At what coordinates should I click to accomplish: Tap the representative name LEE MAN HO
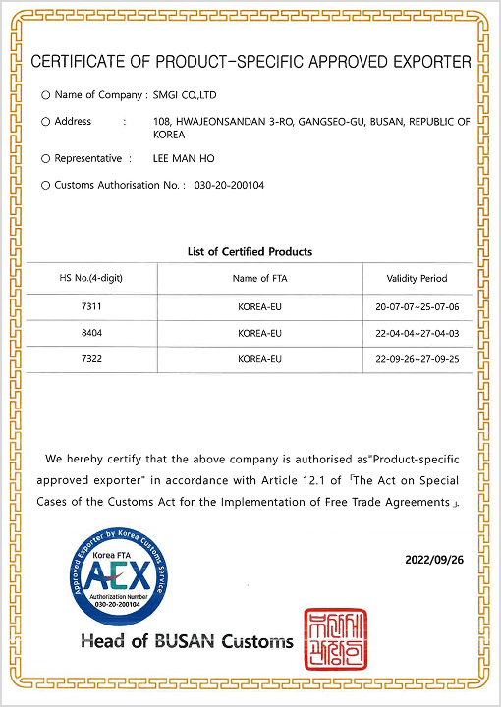(184, 158)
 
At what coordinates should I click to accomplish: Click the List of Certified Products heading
(250, 252)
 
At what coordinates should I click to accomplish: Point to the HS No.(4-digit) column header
(91, 278)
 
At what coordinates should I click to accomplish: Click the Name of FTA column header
(259, 278)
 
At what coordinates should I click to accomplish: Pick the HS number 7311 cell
(91, 306)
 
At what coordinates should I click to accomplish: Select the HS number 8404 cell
(91, 333)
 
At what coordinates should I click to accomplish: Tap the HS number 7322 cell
(91, 359)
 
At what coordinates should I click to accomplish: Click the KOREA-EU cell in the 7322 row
(259, 359)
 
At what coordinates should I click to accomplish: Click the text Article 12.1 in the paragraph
(295, 481)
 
